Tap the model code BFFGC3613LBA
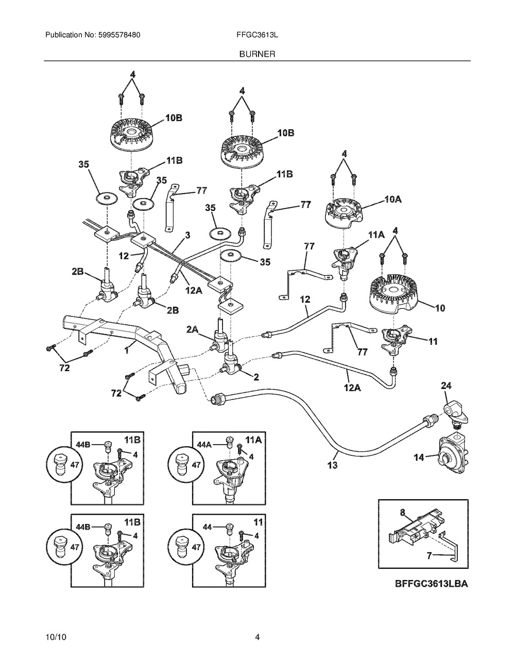432,584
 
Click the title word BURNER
257,54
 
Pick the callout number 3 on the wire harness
187,235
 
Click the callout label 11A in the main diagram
376,234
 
